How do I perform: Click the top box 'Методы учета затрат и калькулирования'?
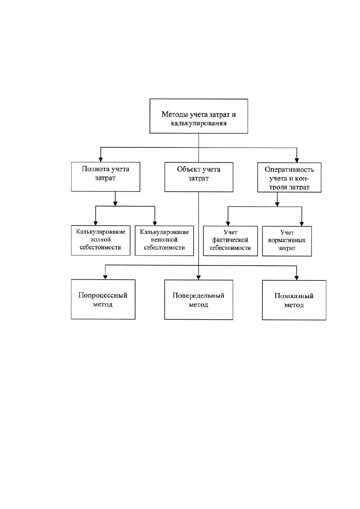(x=199, y=116)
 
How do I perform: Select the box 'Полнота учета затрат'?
(x=105, y=177)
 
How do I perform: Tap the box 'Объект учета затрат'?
(x=199, y=177)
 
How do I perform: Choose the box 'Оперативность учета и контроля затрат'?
(x=289, y=177)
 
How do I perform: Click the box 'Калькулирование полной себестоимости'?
(x=100, y=240)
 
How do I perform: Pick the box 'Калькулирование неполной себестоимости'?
(x=164, y=240)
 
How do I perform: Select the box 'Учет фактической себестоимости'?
(x=230, y=241)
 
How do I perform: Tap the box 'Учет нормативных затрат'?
(x=287, y=241)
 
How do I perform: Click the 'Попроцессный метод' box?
(x=103, y=299)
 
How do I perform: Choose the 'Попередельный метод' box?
(x=199, y=300)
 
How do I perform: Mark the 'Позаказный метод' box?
(x=294, y=300)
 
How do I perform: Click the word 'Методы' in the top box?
(x=174, y=114)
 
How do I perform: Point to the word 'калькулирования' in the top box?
(x=199, y=124)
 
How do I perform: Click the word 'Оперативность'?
(x=289, y=170)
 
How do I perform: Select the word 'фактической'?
(x=230, y=240)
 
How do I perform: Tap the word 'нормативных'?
(x=287, y=240)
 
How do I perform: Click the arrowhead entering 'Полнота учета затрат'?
(x=100, y=160)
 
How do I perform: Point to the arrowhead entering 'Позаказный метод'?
(x=296, y=278)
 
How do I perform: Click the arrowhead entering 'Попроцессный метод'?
(x=105, y=277)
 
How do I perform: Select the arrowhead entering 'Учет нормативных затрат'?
(x=302, y=224)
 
